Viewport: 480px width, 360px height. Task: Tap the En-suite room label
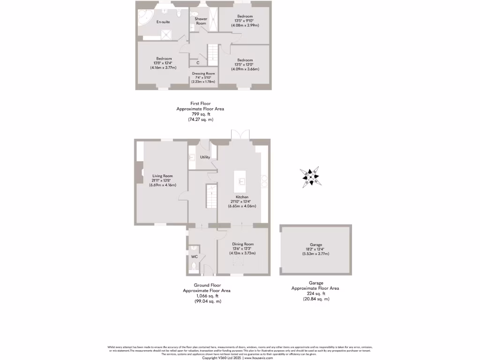pyautogui.click(x=163, y=22)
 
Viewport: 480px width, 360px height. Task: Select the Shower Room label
pyautogui.click(x=201, y=21)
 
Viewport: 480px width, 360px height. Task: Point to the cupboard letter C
pyautogui.click(x=198, y=63)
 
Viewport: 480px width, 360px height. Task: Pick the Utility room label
pyautogui.click(x=205, y=157)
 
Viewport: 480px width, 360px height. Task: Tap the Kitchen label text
pyautogui.click(x=242, y=197)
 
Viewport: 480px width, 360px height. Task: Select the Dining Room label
pyautogui.click(x=243, y=244)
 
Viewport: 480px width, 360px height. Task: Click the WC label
pyautogui.click(x=194, y=257)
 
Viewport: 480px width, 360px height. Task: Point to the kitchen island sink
pyautogui.click(x=242, y=180)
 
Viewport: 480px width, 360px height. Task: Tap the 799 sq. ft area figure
pyautogui.click(x=200, y=114)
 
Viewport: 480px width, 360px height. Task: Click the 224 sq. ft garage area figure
pyautogui.click(x=315, y=293)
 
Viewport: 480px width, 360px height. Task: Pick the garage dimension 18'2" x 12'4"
pyautogui.click(x=315, y=249)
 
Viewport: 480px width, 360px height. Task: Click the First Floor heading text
pyautogui.click(x=200, y=103)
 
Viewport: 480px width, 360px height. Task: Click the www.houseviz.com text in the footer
pyautogui.click(x=259, y=358)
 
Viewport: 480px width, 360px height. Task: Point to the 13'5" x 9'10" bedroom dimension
pyautogui.click(x=245, y=21)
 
